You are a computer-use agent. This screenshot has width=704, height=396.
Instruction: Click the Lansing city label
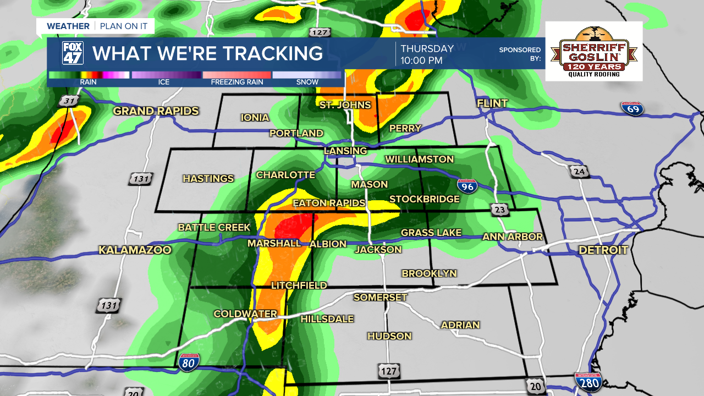(345, 151)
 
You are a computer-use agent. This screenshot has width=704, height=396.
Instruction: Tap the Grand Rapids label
(156, 111)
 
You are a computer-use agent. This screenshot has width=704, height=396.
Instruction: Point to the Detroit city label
(603, 250)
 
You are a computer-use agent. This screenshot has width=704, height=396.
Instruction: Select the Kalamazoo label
(135, 250)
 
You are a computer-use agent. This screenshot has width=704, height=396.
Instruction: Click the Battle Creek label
(214, 227)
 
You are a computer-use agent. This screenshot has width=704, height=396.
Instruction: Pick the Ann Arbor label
(513, 237)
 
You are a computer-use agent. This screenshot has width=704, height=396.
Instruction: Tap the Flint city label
(492, 103)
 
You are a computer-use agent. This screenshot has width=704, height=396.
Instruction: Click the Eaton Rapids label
(329, 203)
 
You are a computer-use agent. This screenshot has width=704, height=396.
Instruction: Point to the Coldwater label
(245, 313)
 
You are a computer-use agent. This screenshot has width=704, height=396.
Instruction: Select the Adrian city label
(460, 324)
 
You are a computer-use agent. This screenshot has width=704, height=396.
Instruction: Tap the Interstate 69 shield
(632, 108)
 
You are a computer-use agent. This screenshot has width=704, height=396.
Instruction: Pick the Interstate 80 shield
(188, 363)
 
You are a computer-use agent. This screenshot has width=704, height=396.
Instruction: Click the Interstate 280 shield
(587, 382)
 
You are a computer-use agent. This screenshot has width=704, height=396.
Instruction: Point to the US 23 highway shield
(499, 210)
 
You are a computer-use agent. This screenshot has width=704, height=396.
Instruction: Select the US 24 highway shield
(580, 172)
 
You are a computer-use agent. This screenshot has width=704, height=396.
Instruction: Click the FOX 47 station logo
(73, 53)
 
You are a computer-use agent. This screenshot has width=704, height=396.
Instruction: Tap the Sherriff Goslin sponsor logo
(594, 51)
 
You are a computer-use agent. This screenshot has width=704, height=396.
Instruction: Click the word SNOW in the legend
(307, 82)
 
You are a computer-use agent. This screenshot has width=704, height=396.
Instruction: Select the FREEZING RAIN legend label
(237, 82)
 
